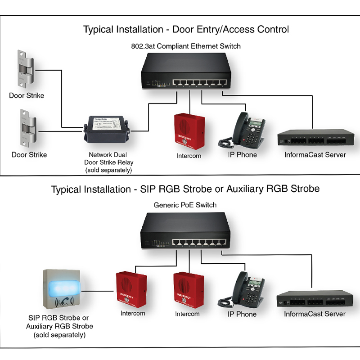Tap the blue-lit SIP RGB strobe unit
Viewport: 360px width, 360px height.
pos(63,291)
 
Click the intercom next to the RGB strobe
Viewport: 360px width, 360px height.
pos(132,288)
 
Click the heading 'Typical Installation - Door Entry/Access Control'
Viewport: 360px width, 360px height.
pos(186,30)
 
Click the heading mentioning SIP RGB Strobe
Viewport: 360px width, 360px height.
pos(185,189)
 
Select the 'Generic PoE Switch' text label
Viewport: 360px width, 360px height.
pos(185,205)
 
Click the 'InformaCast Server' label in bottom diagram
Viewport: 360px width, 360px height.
pos(315,314)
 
